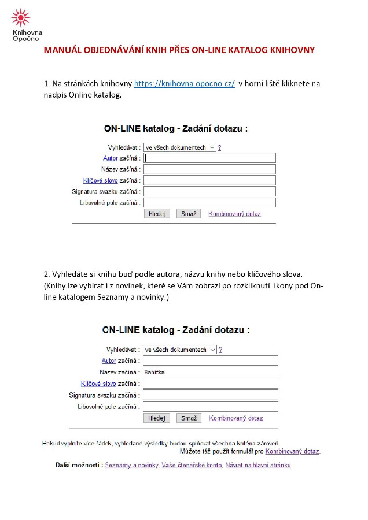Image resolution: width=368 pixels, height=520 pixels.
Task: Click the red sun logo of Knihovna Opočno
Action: (21, 18)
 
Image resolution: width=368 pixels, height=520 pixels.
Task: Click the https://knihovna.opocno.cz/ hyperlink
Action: (184, 84)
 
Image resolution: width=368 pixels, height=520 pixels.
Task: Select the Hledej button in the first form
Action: (156, 214)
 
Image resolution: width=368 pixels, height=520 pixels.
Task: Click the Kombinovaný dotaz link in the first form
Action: (234, 214)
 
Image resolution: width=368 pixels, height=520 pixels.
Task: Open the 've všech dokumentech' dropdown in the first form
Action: (179, 147)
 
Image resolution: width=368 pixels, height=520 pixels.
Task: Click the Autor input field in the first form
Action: (209, 158)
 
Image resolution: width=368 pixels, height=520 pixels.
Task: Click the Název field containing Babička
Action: (211, 372)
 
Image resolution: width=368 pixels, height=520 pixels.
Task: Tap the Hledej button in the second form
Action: (156, 418)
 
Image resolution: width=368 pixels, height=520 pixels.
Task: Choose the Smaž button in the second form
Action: (189, 418)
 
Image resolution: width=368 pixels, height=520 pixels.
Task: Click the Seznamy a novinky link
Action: (131, 465)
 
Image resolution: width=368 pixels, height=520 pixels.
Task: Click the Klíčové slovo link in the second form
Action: (98, 384)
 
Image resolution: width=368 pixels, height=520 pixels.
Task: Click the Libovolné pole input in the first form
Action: (209, 203)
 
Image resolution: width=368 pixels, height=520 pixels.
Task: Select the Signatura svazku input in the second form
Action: (211, 395)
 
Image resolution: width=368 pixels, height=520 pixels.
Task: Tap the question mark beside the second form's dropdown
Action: (220, 350)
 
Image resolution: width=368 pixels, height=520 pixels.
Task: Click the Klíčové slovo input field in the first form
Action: (209, 180)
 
